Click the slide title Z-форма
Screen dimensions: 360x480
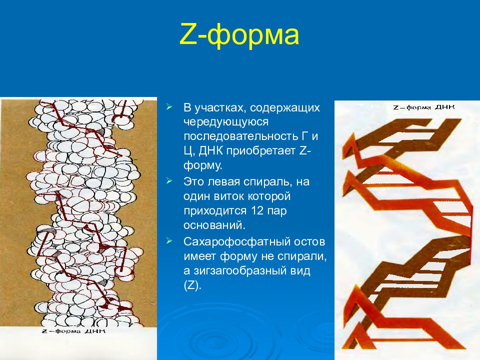pyautogui.click(x=239, y=36)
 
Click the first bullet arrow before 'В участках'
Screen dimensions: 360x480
pyautogui.click(x=170, y=107)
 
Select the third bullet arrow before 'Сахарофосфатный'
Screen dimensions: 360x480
pyautogui.click(x=170, y=242)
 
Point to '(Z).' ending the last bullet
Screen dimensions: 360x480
pyautogui.click(x=192, y=286)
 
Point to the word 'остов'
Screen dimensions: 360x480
pyautogui.click(x=312, y=242)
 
